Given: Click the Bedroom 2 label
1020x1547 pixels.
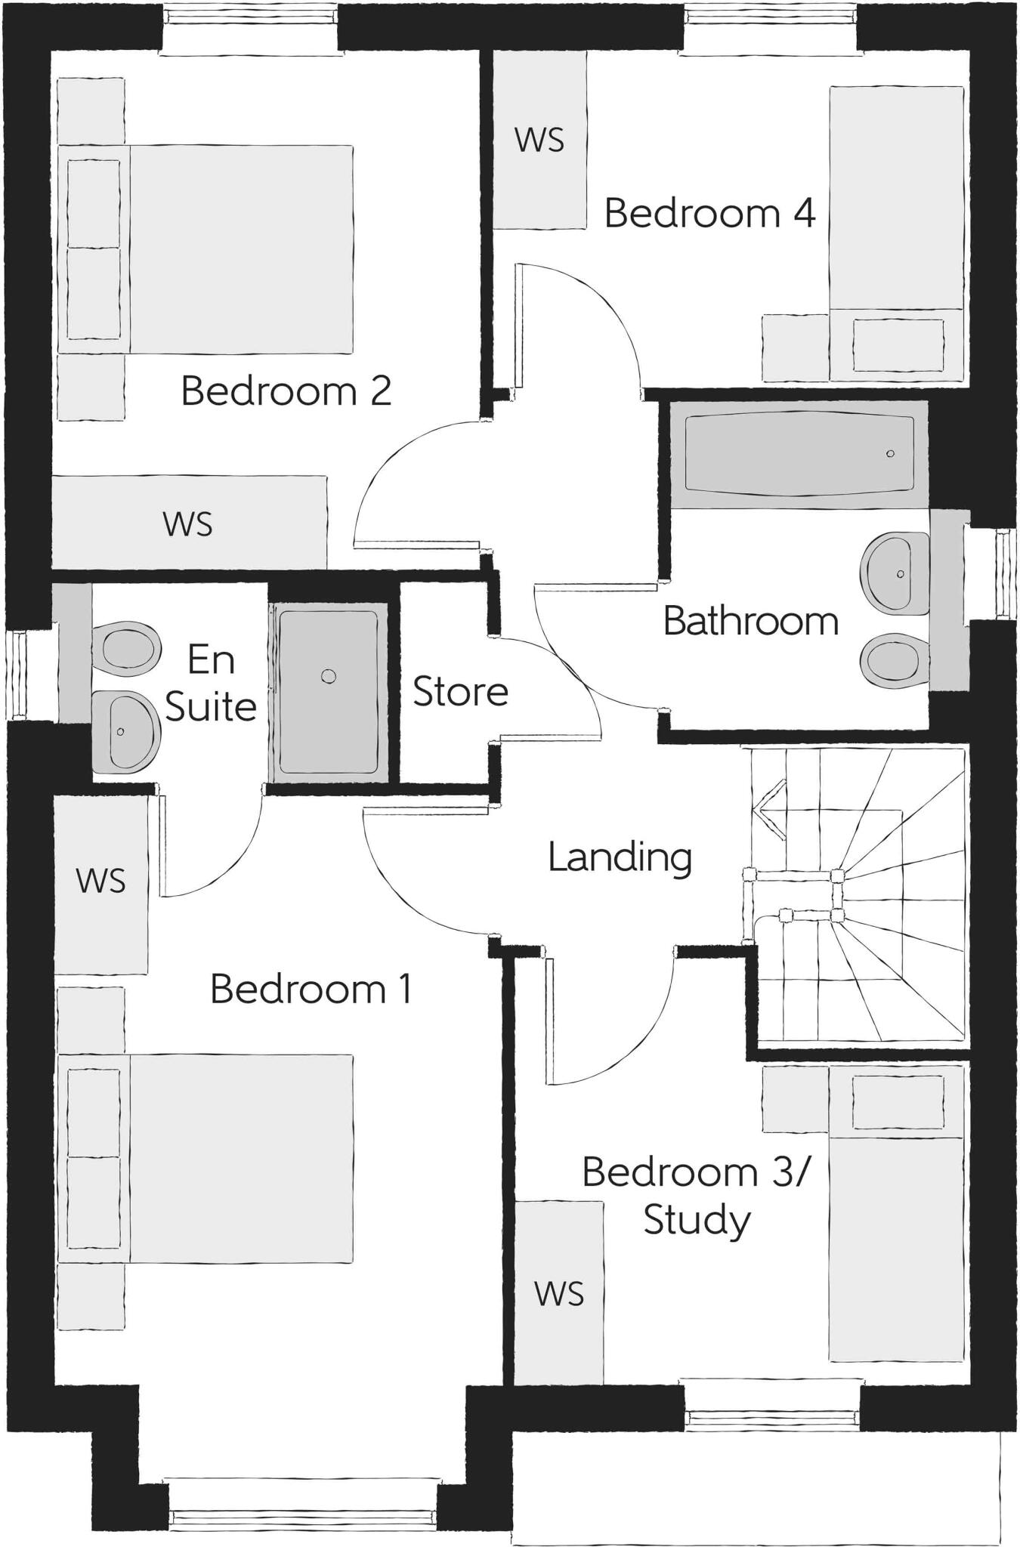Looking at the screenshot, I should tap(286, 391).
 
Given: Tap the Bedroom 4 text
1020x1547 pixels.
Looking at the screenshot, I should tap(709, 213).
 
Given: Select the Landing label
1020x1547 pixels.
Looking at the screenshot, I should tap(620, 857).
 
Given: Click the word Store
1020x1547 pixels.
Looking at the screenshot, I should tap(460, 692).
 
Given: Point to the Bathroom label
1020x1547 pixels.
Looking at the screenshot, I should tap(750, 622).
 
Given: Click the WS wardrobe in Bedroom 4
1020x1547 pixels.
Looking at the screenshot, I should tap(539, 140).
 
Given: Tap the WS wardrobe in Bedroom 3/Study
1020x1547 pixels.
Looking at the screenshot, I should tap(559, 1294).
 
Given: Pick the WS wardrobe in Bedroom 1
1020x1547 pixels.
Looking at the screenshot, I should tap(100, 881).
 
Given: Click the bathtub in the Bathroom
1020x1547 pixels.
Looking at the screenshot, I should tap(798, 453).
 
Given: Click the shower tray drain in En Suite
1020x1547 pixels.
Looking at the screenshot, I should tap(328, 676).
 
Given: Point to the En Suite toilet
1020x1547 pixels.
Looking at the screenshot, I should tap(127, 647).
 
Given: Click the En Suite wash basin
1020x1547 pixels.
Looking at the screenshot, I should tap(125, 731).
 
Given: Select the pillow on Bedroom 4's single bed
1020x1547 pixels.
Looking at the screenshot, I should tap(898, 345).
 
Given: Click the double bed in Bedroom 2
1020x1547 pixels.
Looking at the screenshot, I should tap(240, 249).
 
